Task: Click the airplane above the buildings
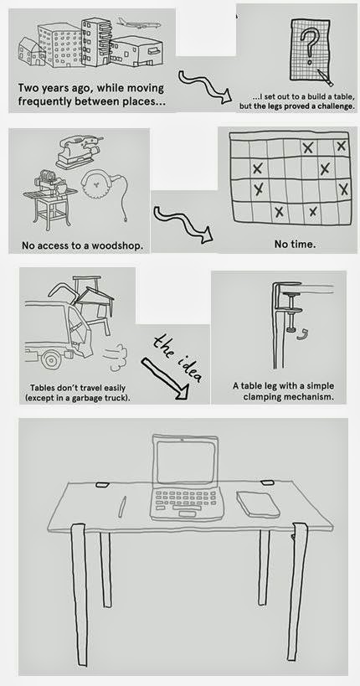(139, 23)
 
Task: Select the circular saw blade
(95, 185)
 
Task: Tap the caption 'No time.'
(295, 244)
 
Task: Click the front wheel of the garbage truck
(52, 359)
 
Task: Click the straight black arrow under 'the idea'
(165, 379)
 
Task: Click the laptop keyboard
(186, 498)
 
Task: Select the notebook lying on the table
(258, 503)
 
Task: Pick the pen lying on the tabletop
(122, 507)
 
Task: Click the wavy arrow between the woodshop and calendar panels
(183, 224)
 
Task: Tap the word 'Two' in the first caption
(27, 89)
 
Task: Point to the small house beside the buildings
(31, 51)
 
